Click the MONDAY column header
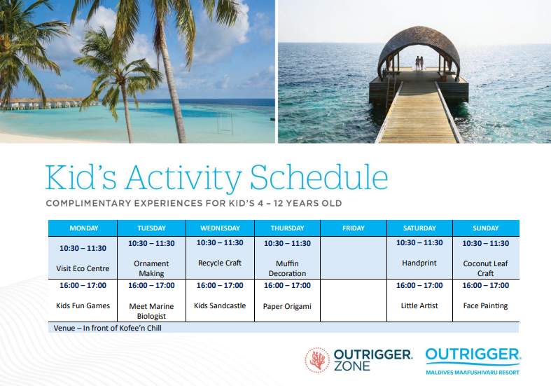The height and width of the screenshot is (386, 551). (x=83, y=228)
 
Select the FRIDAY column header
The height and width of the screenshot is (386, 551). (x=353, y=228)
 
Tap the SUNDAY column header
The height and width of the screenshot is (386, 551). (x=486, y=228)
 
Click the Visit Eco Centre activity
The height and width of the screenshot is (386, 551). (x=83, y=268)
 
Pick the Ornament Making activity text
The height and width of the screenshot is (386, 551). (x=151, y=268)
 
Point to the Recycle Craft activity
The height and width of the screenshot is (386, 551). (x=220, y=263)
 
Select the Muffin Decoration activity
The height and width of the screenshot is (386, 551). (x=287, y=268)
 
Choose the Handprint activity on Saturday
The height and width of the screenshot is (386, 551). (x=419, y=263)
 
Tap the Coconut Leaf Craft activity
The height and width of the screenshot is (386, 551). (x=485, y=268)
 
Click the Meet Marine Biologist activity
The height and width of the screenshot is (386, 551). (x=151, y=311)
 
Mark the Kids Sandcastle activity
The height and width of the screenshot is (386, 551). (x=220, y=306)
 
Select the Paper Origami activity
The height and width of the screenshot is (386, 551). (x=287, y=307)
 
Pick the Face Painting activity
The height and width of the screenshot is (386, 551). (x=485, y=306)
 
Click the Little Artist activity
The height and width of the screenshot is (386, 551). (x=419, y=306)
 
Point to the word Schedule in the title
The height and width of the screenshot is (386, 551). (x=319, y=177)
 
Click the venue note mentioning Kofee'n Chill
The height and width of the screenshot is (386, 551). (x=108, y=328)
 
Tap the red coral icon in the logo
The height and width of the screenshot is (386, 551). (x=317, y=360)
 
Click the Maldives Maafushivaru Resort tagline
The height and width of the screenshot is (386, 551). (x=473, y=372)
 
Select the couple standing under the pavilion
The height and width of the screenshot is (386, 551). (x=419, y=63)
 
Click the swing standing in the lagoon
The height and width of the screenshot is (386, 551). (x=225, y=123)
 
